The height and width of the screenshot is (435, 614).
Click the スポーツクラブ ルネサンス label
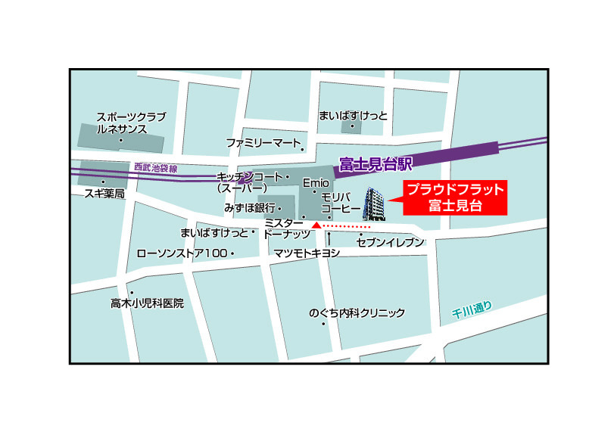pos(130,123)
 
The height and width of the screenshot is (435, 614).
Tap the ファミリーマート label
pos(263,142)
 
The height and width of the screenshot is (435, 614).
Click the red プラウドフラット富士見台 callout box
pos(454,197)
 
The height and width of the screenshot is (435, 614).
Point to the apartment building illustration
pos(376,204)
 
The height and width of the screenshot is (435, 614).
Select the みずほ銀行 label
pos(248,207)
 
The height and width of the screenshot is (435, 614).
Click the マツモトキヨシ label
pos(307,253)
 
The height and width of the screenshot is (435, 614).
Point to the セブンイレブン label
pos(391,243)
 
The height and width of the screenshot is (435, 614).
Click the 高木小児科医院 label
pos(147,303)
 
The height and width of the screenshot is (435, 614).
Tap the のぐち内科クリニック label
pos(357,312)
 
